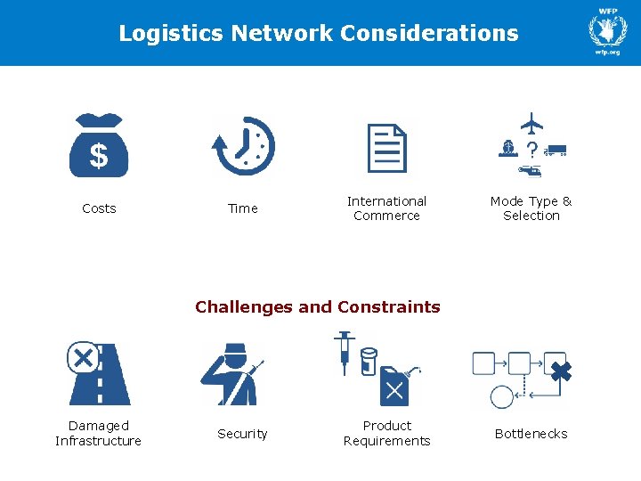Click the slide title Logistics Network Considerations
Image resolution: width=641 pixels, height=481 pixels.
tap(319, 34)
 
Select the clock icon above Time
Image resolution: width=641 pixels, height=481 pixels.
tap(244, 145)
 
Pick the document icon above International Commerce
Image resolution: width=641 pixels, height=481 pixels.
tap(387, 147)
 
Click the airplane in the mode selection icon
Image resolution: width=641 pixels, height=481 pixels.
tap(531, 122)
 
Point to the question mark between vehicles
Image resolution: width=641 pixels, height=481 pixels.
tap(531, 149)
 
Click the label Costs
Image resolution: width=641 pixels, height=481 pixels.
tap(99, 208)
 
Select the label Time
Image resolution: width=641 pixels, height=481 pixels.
tap(242, 208)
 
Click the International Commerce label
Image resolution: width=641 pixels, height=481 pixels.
tap(386, 208)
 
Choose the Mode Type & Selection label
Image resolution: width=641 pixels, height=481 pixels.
tap(531, 208)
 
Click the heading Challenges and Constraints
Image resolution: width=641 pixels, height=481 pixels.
tap(318, 307)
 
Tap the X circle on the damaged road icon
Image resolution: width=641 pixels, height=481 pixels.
tap(83, 359)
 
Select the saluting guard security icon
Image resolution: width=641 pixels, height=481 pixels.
tap(231, 374)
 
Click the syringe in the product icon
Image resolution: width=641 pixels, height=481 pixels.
tap(344, 350)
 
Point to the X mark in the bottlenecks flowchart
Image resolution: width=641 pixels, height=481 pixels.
tap(559, 371)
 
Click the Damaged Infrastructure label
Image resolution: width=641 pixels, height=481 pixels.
tap(98, 434)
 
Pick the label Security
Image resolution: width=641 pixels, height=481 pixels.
tap(242, 434)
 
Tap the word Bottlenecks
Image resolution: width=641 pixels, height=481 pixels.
tap(531, 434)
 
